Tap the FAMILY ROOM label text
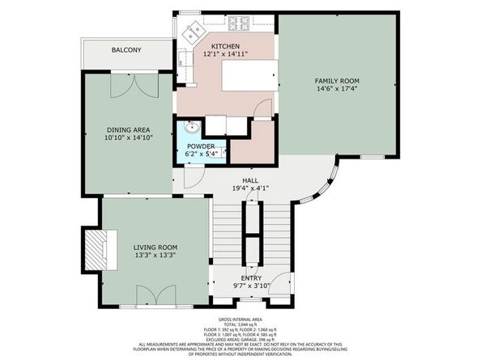pyautogui.click(x=337, y=81)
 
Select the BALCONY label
pyautogui.click(x=126, y=51)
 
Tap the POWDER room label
pyautogui.click(x=202, y=146)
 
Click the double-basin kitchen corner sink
pyautogui.click(x=193, y=32)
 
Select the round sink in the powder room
pyautogui.click(x=190, y=129)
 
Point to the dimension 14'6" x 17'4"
pyautogui.click(x=337, y=90)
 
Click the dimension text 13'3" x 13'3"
pyautogui.click(x=155, y=255)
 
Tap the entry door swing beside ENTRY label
pyautogui.click(x=279, y=286)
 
